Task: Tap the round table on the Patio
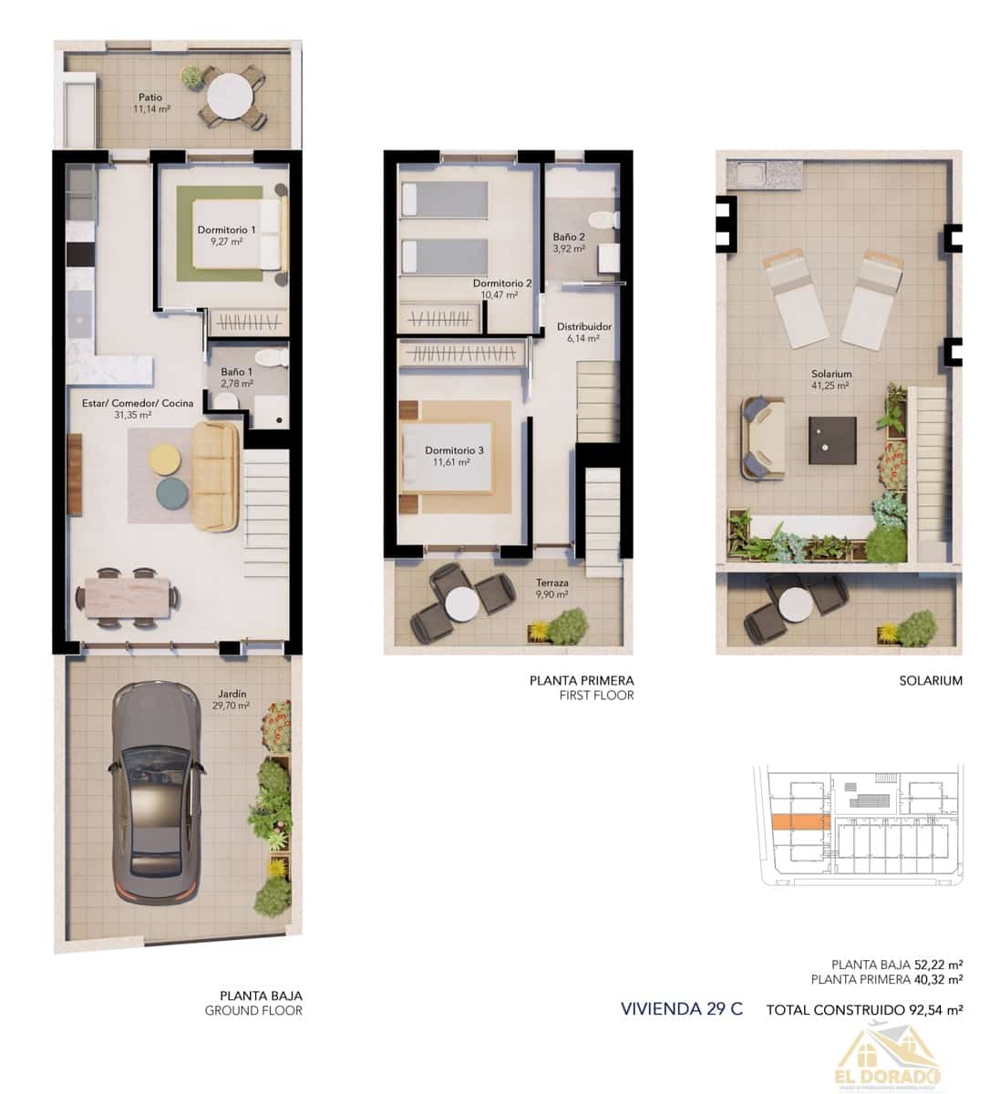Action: (231, 96)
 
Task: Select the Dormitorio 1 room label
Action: (226, 230)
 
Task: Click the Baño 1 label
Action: (236, 372)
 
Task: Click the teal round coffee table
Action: (173, 493)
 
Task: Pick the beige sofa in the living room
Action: (215, 476)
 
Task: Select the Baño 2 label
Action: (569, 237)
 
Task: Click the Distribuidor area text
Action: (583, 326)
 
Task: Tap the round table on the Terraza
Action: (461, 604)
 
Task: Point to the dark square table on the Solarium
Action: (832, 439)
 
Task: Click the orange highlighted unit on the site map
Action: (800, 822)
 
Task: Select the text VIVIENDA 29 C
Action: (681, 1008)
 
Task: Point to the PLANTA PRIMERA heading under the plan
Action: (582, 680)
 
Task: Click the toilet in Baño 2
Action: (603, 220)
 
